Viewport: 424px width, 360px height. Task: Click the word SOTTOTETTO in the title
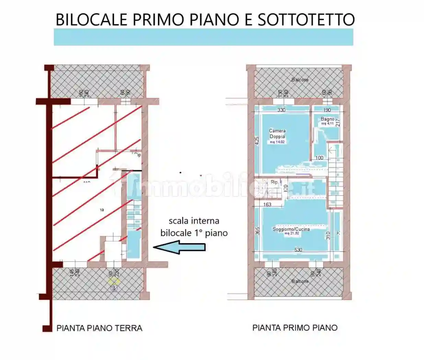[x=306, y=20]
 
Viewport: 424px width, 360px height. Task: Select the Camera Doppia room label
[x=277, y=134]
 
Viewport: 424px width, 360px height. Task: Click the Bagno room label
[x=327, y=119]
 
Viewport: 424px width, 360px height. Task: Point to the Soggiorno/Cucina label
[x=291, y=229]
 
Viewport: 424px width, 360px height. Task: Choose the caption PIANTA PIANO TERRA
[x=99, y=328]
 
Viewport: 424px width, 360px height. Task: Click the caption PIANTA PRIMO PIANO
[x=295, y=328]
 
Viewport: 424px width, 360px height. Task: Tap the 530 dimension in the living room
[x=298, y=250]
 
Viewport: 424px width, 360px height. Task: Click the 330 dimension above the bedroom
[x=281, y=110]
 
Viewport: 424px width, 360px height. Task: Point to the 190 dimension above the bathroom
[x=327, y=110]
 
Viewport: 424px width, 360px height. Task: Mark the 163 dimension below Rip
[x=267, y=205]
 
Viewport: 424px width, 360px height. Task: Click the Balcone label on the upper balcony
[x=300, y=80]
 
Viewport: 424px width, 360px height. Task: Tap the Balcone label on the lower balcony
[x=300, y=281]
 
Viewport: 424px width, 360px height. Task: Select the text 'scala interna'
[x=194, y=221]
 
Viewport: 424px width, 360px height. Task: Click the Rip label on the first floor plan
[x=274, y=182]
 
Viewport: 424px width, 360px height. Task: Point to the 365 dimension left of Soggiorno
[x=257, y=230]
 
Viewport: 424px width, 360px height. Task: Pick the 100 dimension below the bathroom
[x=319, y=158]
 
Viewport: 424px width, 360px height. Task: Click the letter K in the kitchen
[x=338, y=233]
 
